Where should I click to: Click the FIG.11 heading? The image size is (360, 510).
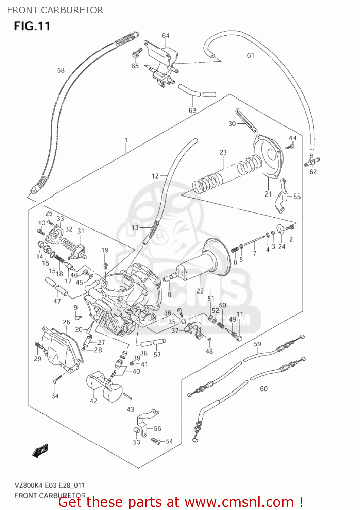32,26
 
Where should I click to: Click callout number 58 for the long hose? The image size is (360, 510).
61,70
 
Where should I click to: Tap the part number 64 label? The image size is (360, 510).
166,36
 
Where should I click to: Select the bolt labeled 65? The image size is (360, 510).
137,53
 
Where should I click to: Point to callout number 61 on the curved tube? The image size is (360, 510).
251,55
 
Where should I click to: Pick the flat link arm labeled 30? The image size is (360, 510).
246,121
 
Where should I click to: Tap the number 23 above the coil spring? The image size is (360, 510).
223,152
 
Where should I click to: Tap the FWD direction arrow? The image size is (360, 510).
40,450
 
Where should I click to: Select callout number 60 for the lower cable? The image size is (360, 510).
263,388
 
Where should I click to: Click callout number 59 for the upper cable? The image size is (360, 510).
257,344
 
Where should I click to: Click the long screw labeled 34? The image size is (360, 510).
57,379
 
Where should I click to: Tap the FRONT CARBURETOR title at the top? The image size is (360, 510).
55,10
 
